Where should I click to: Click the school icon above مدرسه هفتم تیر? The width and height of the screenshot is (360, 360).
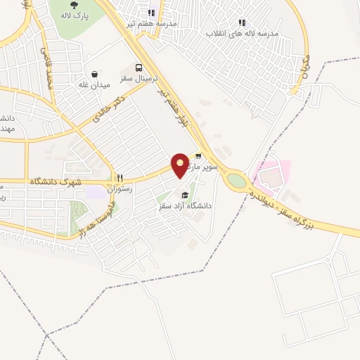point(152,12)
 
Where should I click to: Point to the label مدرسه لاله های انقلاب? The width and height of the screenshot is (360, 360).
point(242,33)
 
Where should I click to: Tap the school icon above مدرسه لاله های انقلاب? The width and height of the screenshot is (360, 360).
point(242,22)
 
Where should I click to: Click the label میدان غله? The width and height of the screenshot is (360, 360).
point(94,85)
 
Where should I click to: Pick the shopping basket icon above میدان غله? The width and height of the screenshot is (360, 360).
point(94,74)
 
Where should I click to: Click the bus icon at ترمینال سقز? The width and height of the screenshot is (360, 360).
point(139,68)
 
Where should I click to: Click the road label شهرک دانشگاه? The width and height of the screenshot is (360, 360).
point(56,181)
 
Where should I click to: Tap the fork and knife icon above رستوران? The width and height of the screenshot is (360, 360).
point(120,179)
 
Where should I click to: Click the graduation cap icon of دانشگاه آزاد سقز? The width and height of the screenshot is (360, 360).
point(185,195)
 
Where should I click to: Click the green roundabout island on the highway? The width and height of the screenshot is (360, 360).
point(237,181)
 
